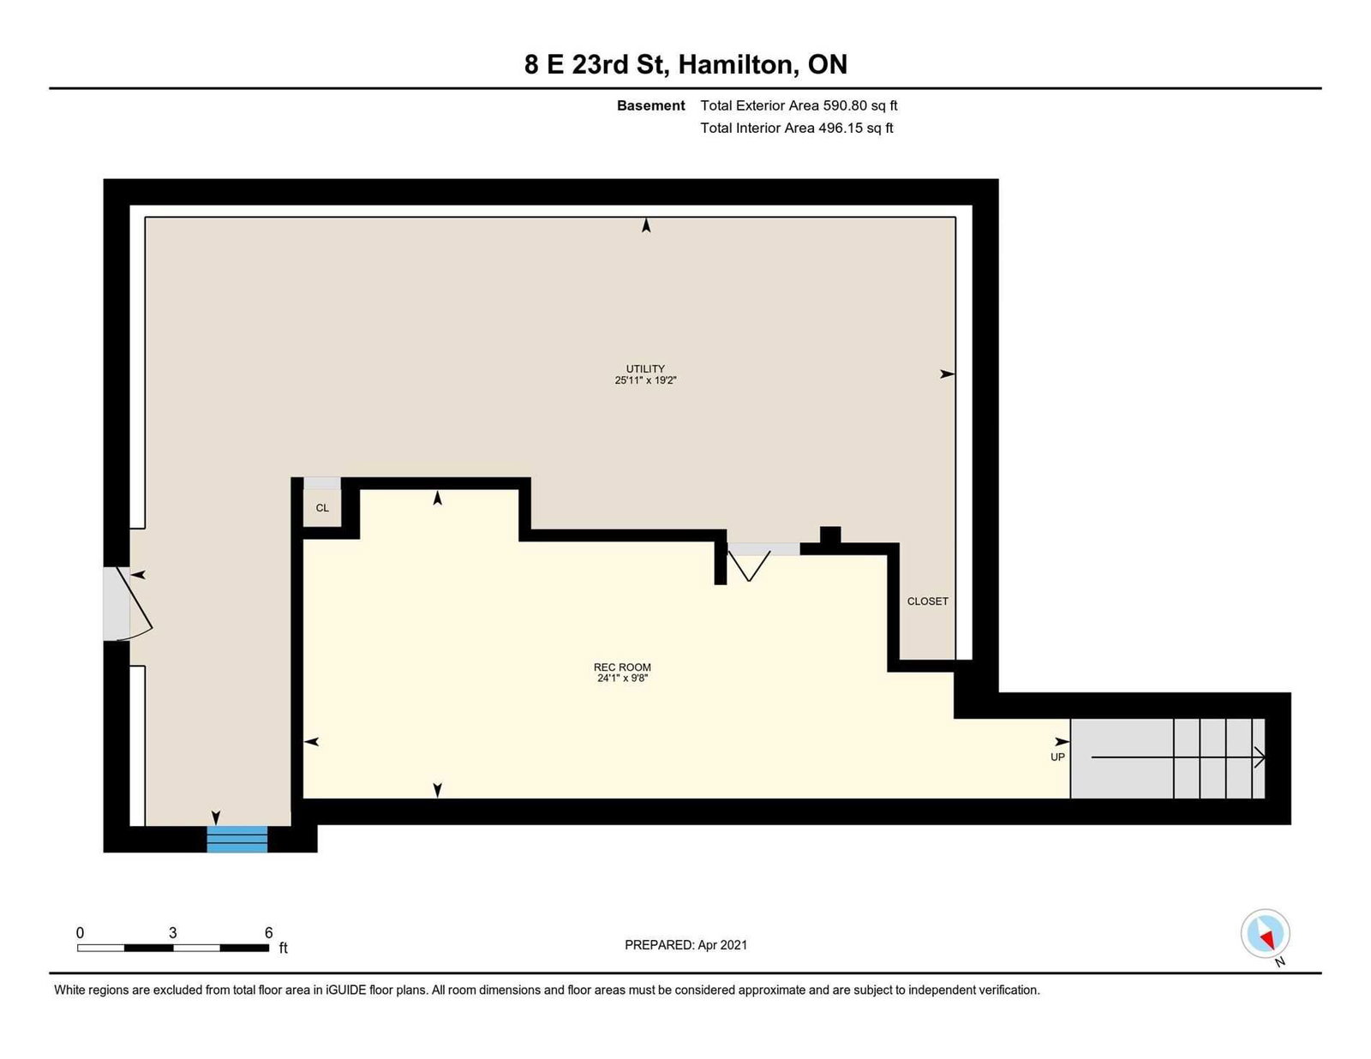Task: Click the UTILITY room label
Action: tap(645, 368)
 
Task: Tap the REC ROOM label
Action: tap(622, 667)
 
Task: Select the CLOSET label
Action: tap(927, 601)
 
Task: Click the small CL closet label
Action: tap(322, 508)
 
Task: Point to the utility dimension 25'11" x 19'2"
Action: tap(645, 380)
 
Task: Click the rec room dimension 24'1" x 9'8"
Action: tap(623, 678)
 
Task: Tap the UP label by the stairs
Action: tap(1057, 757)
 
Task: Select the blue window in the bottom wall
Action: tap(237, 839)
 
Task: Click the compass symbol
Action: tap(1265, 934)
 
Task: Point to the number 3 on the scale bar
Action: tap(172, 932)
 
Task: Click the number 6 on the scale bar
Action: tap(269, 932)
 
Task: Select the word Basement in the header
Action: tap(650, 105)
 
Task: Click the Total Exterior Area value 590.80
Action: tap(845, 105)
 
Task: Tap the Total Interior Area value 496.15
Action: tap(841, 128)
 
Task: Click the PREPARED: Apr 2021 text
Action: tap(685, 945)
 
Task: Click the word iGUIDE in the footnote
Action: tap(345, 990)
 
